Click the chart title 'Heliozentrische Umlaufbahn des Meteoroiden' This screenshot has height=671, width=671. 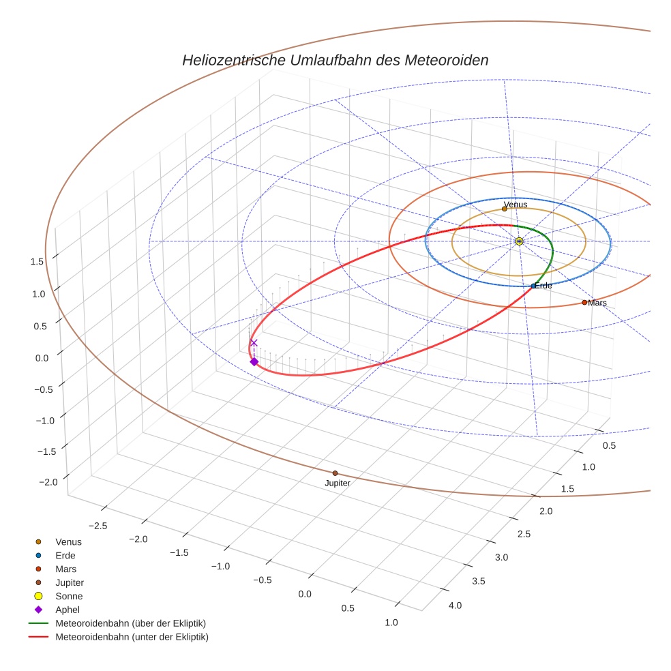point(335,60)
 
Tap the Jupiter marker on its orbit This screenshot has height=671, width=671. point(335,473)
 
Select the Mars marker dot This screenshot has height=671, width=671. point(584,302)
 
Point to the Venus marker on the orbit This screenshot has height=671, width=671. point(505,209)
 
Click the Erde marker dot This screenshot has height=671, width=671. point(533,286)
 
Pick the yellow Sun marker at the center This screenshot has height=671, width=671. point(519,241)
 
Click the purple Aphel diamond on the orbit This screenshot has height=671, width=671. point(254,361)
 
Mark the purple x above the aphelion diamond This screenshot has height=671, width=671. point(254,343)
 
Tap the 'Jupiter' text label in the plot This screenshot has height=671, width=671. point(338,483)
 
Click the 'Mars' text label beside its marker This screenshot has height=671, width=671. point(597,303)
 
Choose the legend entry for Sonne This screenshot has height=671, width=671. point(69,596)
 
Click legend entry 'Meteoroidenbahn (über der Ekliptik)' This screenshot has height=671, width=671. point(130,623)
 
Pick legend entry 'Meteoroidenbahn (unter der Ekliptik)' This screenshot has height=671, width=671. point(132,637)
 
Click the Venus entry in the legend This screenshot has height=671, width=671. point(68,541)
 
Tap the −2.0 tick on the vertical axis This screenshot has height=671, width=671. point(48,482)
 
